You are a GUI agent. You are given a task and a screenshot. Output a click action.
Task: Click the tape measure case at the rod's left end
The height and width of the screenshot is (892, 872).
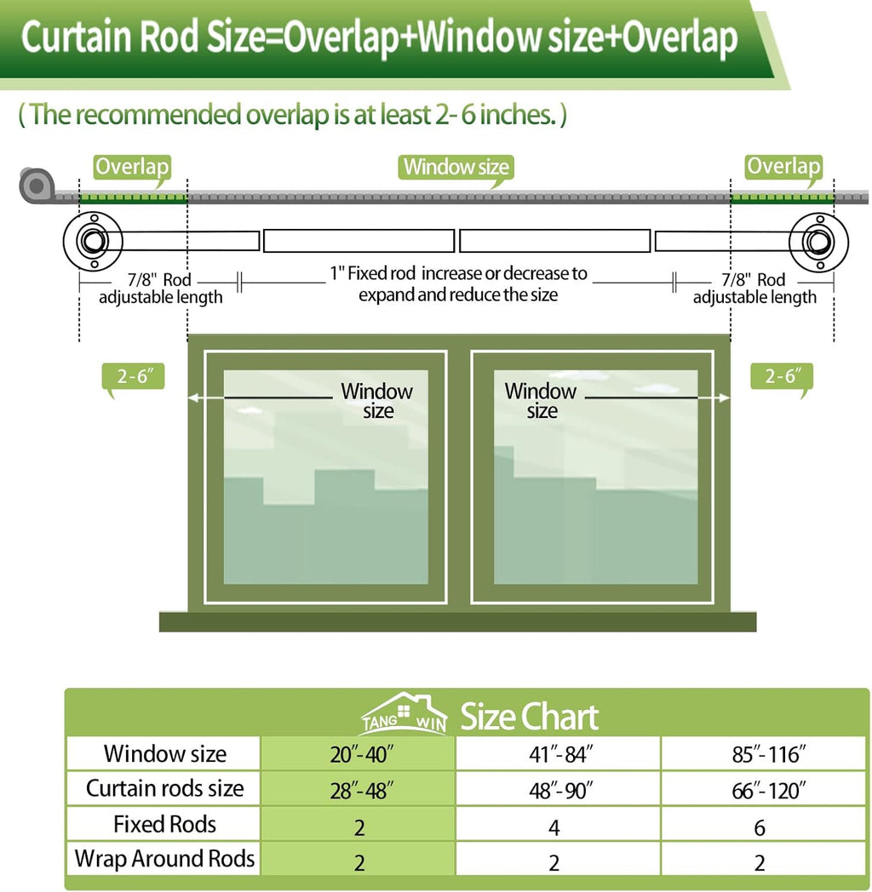[37, 185]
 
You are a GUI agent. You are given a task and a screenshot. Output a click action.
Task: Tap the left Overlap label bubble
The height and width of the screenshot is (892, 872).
[132, 169]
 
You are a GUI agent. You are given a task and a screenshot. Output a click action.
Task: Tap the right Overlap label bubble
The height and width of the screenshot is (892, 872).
[783, 168]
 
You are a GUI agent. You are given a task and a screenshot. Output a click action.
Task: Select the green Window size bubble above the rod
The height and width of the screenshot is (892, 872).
[456, 169]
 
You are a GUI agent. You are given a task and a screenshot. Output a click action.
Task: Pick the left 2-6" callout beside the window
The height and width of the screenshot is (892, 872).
[133, 377]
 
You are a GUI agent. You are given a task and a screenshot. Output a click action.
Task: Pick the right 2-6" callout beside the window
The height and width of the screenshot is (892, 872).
[782, 377]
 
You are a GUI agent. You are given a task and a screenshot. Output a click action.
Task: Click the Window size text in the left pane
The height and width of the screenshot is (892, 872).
[376, 401]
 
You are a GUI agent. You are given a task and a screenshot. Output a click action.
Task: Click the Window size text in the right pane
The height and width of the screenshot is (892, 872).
[541, 401]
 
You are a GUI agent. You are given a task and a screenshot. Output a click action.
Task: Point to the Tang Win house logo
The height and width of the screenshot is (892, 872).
[404, 713]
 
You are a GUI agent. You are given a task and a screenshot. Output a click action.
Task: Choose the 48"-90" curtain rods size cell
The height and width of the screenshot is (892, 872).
[559, 790]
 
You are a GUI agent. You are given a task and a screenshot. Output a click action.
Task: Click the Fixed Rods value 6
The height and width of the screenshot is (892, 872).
[760, 827]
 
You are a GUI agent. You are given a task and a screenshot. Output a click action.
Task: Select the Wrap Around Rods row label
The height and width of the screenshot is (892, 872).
[164, 859]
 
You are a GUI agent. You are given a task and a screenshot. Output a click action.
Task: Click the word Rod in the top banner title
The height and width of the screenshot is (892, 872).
[169, 37]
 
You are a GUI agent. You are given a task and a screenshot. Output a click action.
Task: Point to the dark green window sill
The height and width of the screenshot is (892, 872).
[457, 622]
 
